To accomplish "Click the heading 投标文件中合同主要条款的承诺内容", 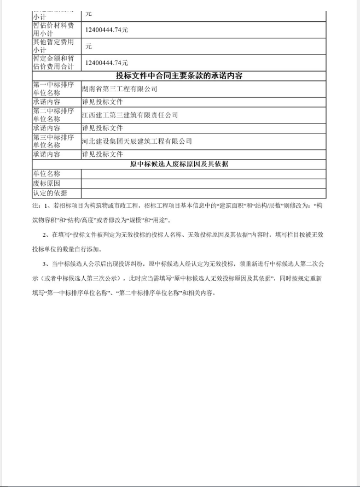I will point(179,75).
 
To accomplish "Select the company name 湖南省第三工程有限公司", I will point(119,89).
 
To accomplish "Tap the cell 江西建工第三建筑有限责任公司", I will point(130,115).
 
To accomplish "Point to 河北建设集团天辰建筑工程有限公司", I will point(137,141).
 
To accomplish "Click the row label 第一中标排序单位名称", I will point(53,89).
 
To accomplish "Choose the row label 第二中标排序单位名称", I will point(53,115).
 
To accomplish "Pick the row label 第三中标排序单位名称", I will point(53,141).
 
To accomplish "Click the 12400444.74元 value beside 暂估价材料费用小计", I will point(107,30).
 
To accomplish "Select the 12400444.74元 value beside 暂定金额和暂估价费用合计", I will point(107,63).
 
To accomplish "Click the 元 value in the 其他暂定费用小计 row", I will point(88,46).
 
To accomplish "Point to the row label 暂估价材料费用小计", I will point(53,30).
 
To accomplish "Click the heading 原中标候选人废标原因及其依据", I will point(179,164).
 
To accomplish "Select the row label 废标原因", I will point(47,183).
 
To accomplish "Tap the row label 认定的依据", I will point(50,193).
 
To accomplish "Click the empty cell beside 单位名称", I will point(203,174).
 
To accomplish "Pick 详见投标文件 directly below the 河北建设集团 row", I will point(102,154).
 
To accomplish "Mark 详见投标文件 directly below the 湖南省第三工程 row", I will point(102,102).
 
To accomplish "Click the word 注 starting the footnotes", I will point(36,206).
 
